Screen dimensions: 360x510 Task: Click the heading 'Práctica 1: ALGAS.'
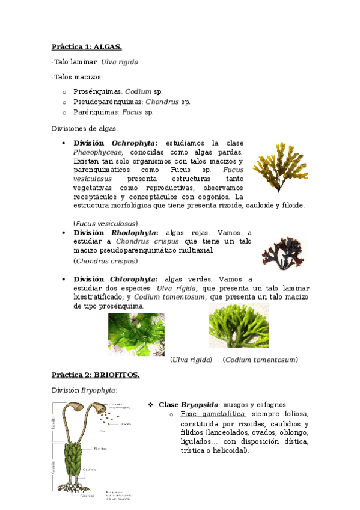click(x=87, y=46)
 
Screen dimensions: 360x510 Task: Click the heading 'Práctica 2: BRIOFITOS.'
click(x=96, y=375)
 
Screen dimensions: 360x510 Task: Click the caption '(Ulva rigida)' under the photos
click(x=192, y=360)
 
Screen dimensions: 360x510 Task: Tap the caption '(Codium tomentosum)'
click(x=260, y=360)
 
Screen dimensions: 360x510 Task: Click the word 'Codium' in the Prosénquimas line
click(x=138, y=91)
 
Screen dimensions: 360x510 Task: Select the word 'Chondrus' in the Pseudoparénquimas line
click(x=162, y=102)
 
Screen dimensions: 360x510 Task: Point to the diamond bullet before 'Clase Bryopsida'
click(x=151, y=404)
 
